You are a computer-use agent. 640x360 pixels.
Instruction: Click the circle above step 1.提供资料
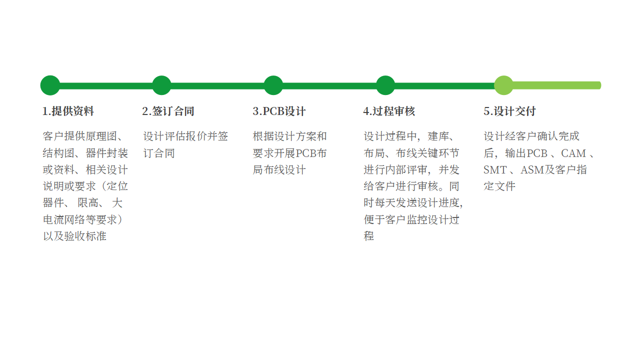click(x=50, y=85)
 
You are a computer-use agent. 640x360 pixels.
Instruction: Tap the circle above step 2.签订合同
click(x=161, y=85)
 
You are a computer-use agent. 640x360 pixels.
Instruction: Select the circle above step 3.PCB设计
click(x=273, y=85)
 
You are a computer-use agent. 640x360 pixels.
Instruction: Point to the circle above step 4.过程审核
click(x=385, y=85)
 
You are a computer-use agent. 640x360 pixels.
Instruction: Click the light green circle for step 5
click(x=503, y=85)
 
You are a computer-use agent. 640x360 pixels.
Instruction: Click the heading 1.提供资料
click(x=68, y=111)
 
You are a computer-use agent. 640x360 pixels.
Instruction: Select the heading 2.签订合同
click(x=168, y=111)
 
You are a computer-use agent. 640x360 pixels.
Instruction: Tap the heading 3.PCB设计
click(x=279, y=111)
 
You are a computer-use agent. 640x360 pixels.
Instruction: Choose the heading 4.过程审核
click(x=389, y=111)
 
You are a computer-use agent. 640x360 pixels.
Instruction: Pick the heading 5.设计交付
click(x=509, y=111)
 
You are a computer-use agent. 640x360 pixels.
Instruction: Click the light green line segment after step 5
click(x=557, y=85)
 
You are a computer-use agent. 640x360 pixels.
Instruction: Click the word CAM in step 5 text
click(x=573, y=153)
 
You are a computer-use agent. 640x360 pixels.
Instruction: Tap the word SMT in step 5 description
click(x=495, y=170)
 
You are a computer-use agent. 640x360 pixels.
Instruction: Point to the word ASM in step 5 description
click(x=532, y=170)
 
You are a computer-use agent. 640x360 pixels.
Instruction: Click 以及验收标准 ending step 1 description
click(x=74, y=236)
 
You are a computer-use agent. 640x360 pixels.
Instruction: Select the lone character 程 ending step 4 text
click(x=369, y=236)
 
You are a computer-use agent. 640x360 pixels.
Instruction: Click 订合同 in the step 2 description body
click(x=159, y=153)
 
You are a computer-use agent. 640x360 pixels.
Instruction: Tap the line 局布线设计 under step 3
click(x=279, y=170)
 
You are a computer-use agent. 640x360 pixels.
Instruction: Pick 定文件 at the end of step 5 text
click(x=499, y=186)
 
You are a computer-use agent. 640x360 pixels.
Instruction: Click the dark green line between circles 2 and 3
click(x=217, y=85)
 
